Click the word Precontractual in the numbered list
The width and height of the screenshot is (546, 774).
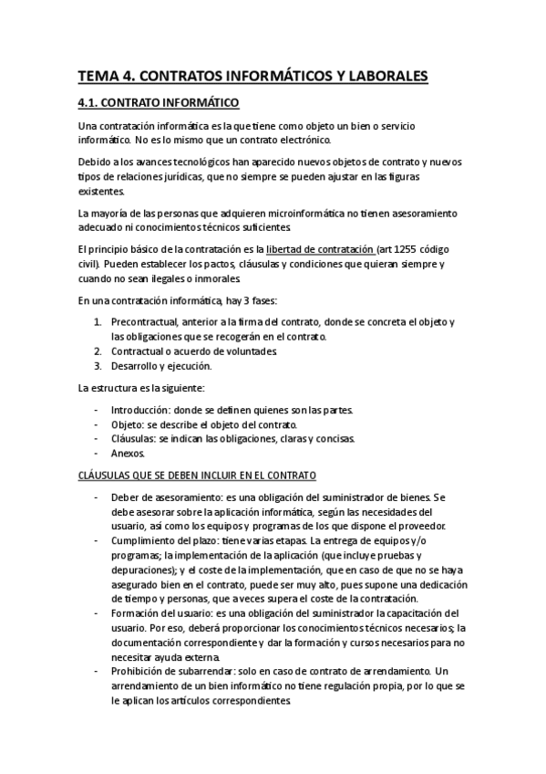point(143,322)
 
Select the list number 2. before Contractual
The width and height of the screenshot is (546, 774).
point(99,351)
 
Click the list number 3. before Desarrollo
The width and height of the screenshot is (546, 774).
point(99,366)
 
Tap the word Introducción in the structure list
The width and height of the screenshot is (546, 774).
point(140,410)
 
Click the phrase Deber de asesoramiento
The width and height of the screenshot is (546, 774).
point(162,497)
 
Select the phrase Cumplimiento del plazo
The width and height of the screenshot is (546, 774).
point(164,541)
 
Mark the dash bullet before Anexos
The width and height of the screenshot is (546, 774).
point(98,454)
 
